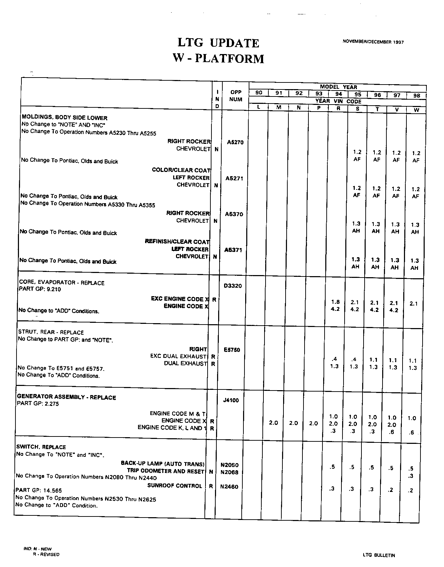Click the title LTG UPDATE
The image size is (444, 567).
click(218, 43)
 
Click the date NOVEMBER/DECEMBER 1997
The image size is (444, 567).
click(373, 42)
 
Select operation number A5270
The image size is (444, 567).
click(235, 142)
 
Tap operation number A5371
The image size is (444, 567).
click(233, 250)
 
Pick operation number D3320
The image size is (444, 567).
click(233, 286)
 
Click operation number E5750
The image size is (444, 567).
click(231, 349)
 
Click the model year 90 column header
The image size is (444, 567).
click(259, 93)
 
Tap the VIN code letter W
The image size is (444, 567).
click(417, 110)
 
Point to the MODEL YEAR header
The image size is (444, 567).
click(338, 87)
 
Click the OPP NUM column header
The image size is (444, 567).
click(236, 96)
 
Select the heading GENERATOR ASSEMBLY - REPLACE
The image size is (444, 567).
click(66, 397)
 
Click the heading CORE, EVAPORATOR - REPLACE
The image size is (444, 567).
click(61, 282)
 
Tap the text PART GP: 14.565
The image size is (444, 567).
click(39, 491)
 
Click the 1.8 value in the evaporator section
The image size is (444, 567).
click(335, 302)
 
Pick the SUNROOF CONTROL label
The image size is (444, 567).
click(175, 486)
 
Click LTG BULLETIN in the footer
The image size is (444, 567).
click(379, 555)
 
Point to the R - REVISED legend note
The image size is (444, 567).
click(46, 554)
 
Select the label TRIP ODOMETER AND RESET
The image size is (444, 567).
click(165, 471)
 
